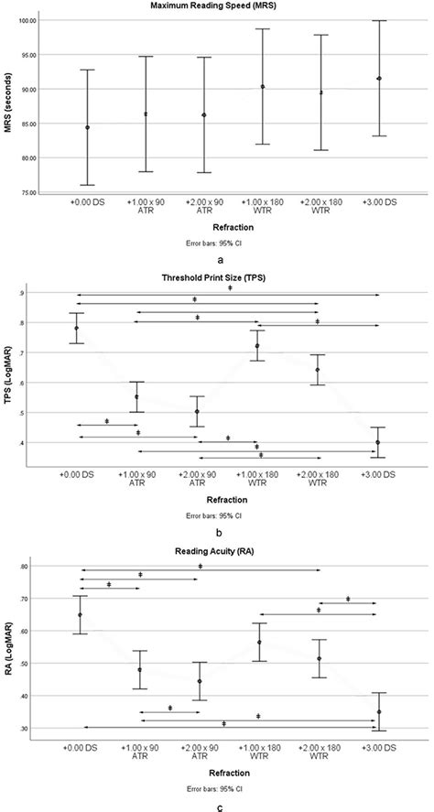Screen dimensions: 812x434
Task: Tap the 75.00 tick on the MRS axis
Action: tap(27, 192)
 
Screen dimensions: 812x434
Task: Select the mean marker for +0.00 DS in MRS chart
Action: tap(88, 127)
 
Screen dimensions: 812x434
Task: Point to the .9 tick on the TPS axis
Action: tap(36, 292)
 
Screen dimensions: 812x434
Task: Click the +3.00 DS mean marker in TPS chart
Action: tap(378, 442)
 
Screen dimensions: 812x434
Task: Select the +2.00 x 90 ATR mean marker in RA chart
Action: tap(199, 681)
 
